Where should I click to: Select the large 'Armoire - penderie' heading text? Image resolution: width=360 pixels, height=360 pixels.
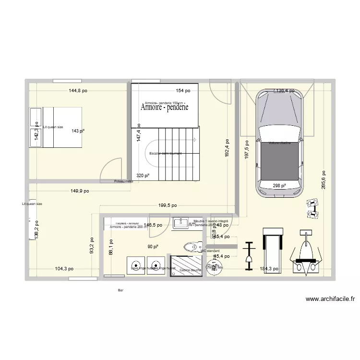coord(165,108)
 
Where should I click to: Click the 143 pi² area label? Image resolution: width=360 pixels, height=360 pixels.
coord(78,131)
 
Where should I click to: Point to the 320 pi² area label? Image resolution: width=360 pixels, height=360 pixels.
coord(143,176)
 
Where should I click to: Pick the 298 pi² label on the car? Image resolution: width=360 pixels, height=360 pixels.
coord(279,186)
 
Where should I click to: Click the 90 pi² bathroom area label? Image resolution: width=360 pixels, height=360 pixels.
coord(153,247)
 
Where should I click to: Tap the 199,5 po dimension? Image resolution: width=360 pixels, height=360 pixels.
coord(168,205)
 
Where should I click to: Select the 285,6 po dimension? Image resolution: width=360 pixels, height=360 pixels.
coord(324,180)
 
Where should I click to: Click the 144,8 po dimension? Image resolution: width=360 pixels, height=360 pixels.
coord(78,90)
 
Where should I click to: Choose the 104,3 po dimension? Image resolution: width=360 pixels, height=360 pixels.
coord(64,269)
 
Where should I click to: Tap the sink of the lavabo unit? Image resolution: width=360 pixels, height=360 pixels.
coord(182,222)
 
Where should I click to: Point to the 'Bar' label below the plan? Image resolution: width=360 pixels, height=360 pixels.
coord(120,290)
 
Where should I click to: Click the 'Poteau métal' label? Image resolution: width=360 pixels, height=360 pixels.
coord(123,181)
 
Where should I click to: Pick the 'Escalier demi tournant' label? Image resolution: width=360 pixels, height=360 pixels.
coord(165,154)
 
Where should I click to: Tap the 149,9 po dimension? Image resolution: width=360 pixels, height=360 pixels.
coord(80,191)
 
